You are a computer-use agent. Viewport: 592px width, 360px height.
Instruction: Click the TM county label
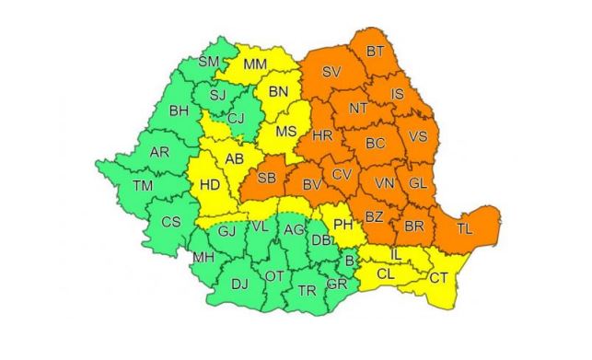pyautogui.click(x=143, y=186)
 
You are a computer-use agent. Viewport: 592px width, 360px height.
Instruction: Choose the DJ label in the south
pyautogui.click(x=238, y=285)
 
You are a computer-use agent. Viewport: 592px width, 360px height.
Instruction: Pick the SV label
pyautogui.click(x=331, y=72)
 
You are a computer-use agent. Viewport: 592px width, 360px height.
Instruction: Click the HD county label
pyautogui.click(x=210, y=184)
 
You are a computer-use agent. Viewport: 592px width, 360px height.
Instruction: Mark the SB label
pyautogui.click(x=266, y=179)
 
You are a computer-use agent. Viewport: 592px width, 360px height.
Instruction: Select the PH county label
pyautogui.click(x=342, y=224)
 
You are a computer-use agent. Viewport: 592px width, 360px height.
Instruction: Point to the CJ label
pyautogui.click(x=236, y=118)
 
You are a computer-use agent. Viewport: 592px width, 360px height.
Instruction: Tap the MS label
pyautogui.click(x=285, y=132)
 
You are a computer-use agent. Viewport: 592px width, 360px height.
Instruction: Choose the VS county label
pyautogui.click(x=417, y=137)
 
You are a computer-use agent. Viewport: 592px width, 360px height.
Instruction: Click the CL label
pyautogui.click(x=385, y=273)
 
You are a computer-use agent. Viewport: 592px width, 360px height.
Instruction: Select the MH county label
pyautogui.click(x=199, y=259)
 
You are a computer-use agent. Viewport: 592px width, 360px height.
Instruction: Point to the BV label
pyautogui.click(x=311, y=186)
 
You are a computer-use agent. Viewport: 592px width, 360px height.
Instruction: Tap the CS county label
pyautogui.click(x=171, y=222)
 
